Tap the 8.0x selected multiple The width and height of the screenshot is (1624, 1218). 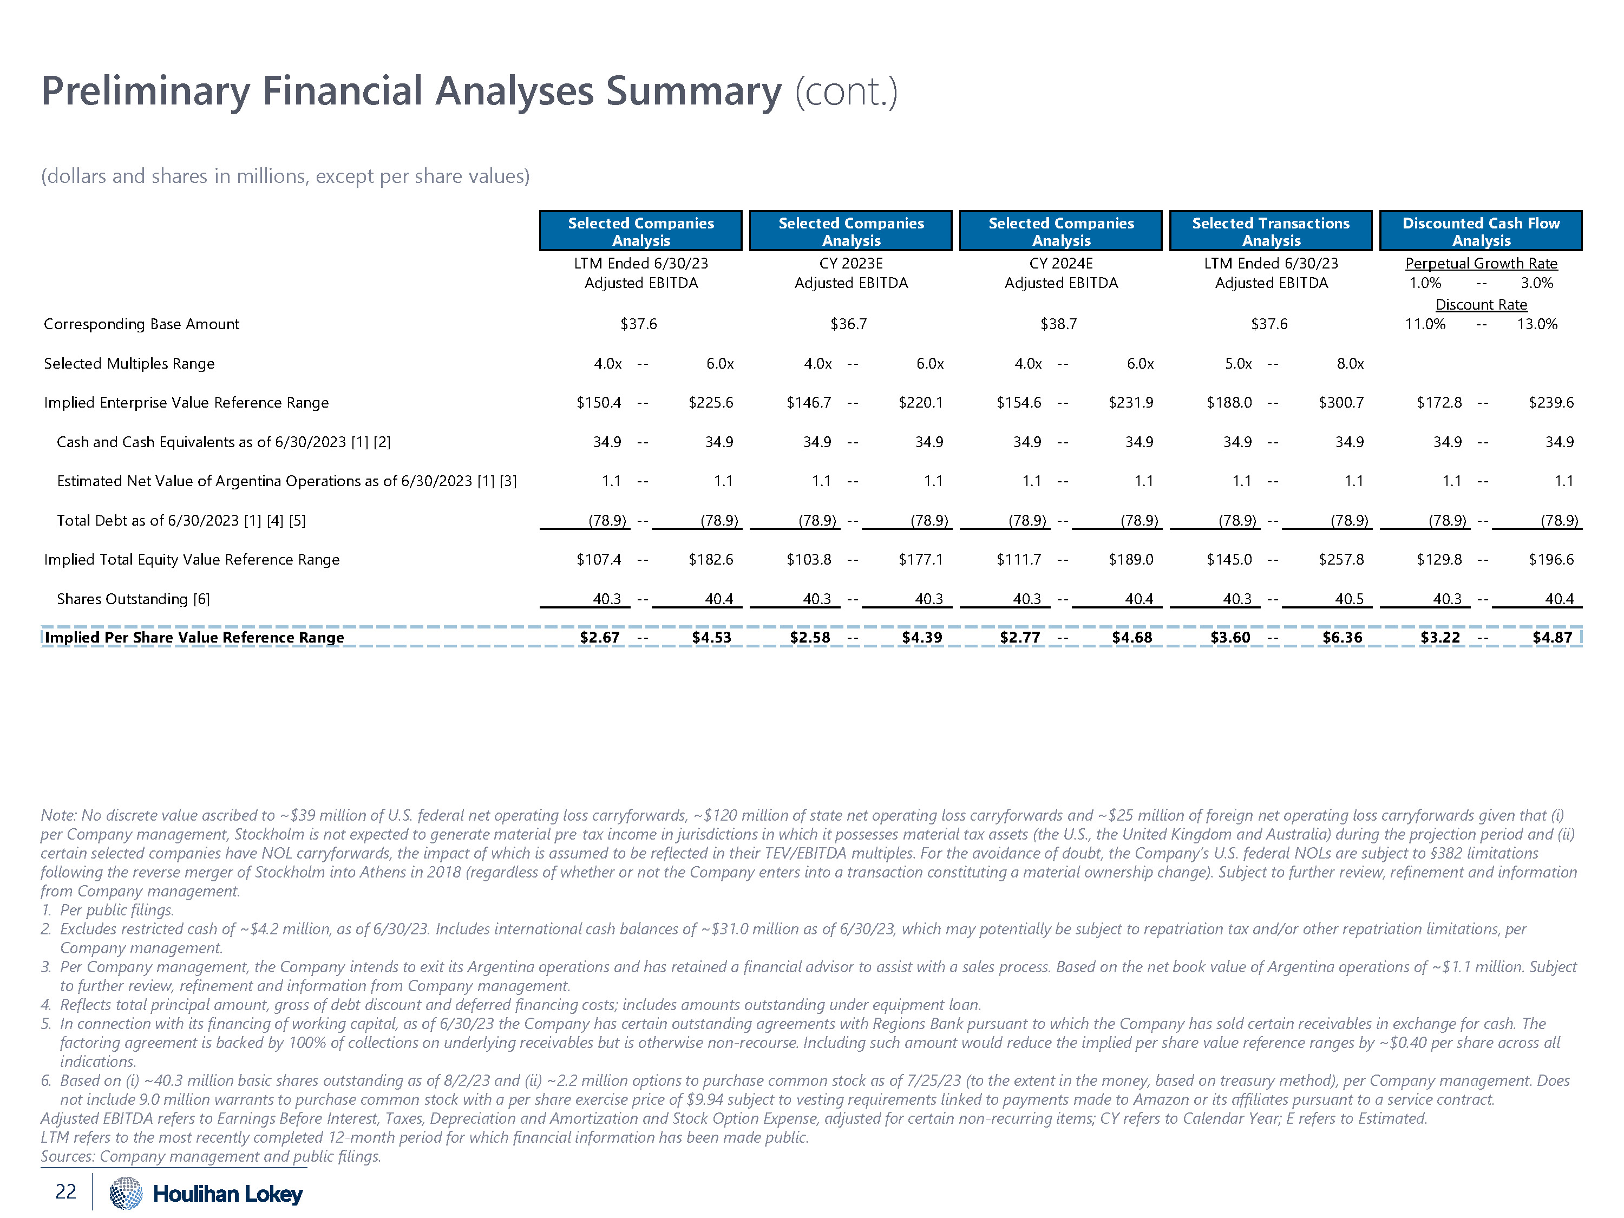click(1350, 363)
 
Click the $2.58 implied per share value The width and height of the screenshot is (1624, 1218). click(810, 637)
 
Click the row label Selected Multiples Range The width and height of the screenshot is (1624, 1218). click(129, 363)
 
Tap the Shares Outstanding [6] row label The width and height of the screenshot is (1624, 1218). click(133, 599)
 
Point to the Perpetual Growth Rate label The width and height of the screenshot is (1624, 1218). click(1481, 263)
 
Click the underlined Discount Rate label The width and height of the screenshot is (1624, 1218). click(1481, 305)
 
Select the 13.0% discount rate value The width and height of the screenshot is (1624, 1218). click(1537, 324)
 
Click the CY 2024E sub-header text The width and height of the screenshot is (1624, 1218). click(1061, 263)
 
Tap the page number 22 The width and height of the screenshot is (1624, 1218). click(66, 1191)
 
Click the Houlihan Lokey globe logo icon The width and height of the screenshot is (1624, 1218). click(126, 1193)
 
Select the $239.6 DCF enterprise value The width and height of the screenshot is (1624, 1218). click(1550, 402)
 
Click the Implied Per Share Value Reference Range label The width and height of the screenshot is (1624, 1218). click(194, 637)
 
